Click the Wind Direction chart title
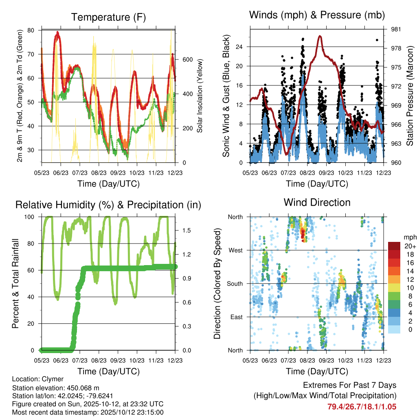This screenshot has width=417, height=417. pyautogui.click(x=317, y=202)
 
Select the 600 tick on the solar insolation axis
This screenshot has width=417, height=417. pyautogui.click(x=187, y=59)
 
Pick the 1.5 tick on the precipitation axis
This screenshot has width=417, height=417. pyautogui.click(x=187, y=230)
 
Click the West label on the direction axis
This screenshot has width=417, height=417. pyautogui.click(x=236, y=250)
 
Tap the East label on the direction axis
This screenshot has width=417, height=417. pyautogui.click(x=236, y=317)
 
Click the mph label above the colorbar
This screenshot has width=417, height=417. pyautogui.click(x=409, y=237)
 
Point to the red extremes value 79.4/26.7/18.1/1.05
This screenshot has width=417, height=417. pyautogui.click(x=362, y=406)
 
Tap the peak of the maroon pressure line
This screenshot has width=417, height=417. pyautogui.click(x=320, y=36)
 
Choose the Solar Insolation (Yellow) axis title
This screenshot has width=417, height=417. pyautogui.click(x=200, y=96)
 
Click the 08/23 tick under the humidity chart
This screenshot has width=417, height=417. pyautogui.click(x=99, y=360)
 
